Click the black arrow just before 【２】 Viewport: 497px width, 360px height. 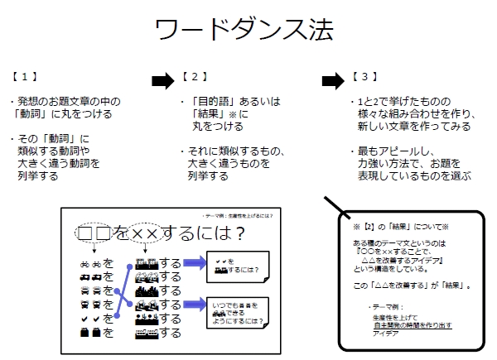[x=164, y=80]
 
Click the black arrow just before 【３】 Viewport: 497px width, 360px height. [x=331, y=80]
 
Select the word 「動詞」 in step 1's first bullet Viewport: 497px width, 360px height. [x=37, y=113]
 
